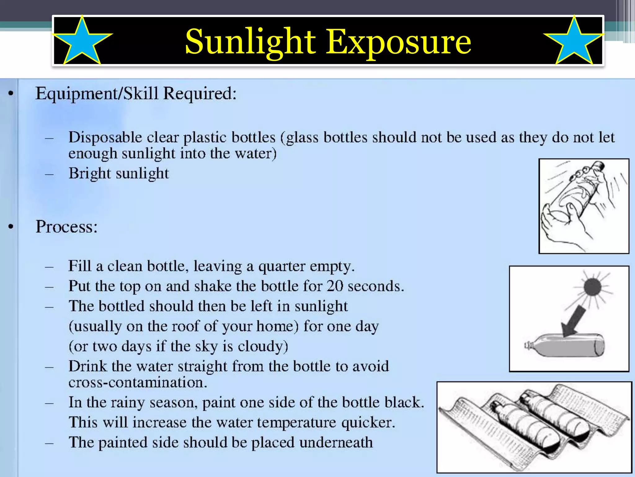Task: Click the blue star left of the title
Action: point(82,42)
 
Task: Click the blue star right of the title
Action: point(574,42)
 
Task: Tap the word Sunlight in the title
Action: point(250,42)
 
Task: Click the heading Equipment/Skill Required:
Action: point(136,93)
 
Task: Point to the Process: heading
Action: point(67,227)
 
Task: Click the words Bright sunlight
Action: point(119,173)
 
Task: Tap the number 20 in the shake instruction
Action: point(335,286)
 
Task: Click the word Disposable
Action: point(105,137)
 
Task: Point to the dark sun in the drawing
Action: point(592,287)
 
